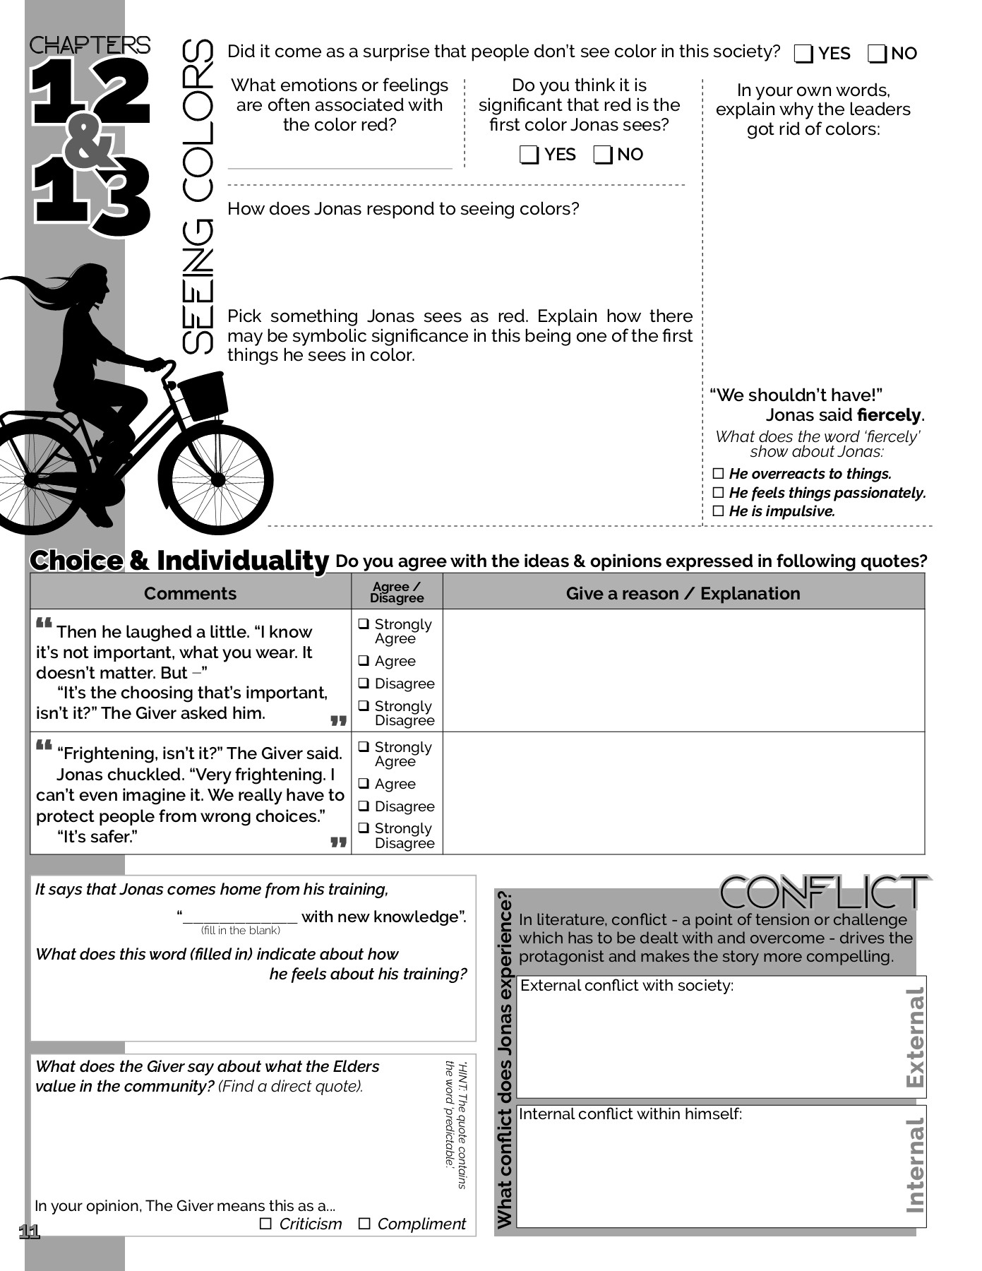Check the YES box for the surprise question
(803, 54)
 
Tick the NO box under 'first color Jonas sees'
(603, 155)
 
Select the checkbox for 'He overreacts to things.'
(719, 474)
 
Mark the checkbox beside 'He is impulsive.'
(719, 511)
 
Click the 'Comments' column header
(190, 593)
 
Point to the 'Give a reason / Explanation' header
(683, 593)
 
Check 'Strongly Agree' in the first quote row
(364, 624)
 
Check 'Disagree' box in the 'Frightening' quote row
(364, 806)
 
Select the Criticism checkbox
(265, 1224)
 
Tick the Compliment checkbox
(364, 1224)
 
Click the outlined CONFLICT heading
(823, 893)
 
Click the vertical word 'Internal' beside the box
(914, 1165)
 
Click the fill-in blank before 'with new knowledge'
(240, 917)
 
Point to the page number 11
(29, 1232)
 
